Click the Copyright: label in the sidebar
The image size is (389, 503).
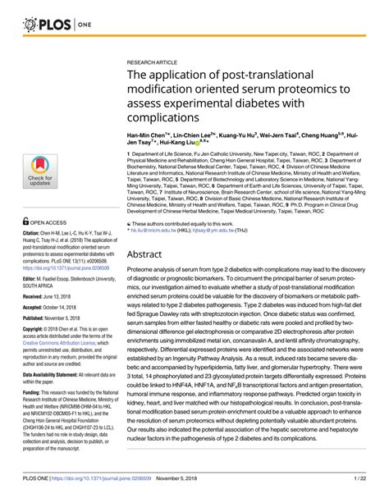click(34, 335)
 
